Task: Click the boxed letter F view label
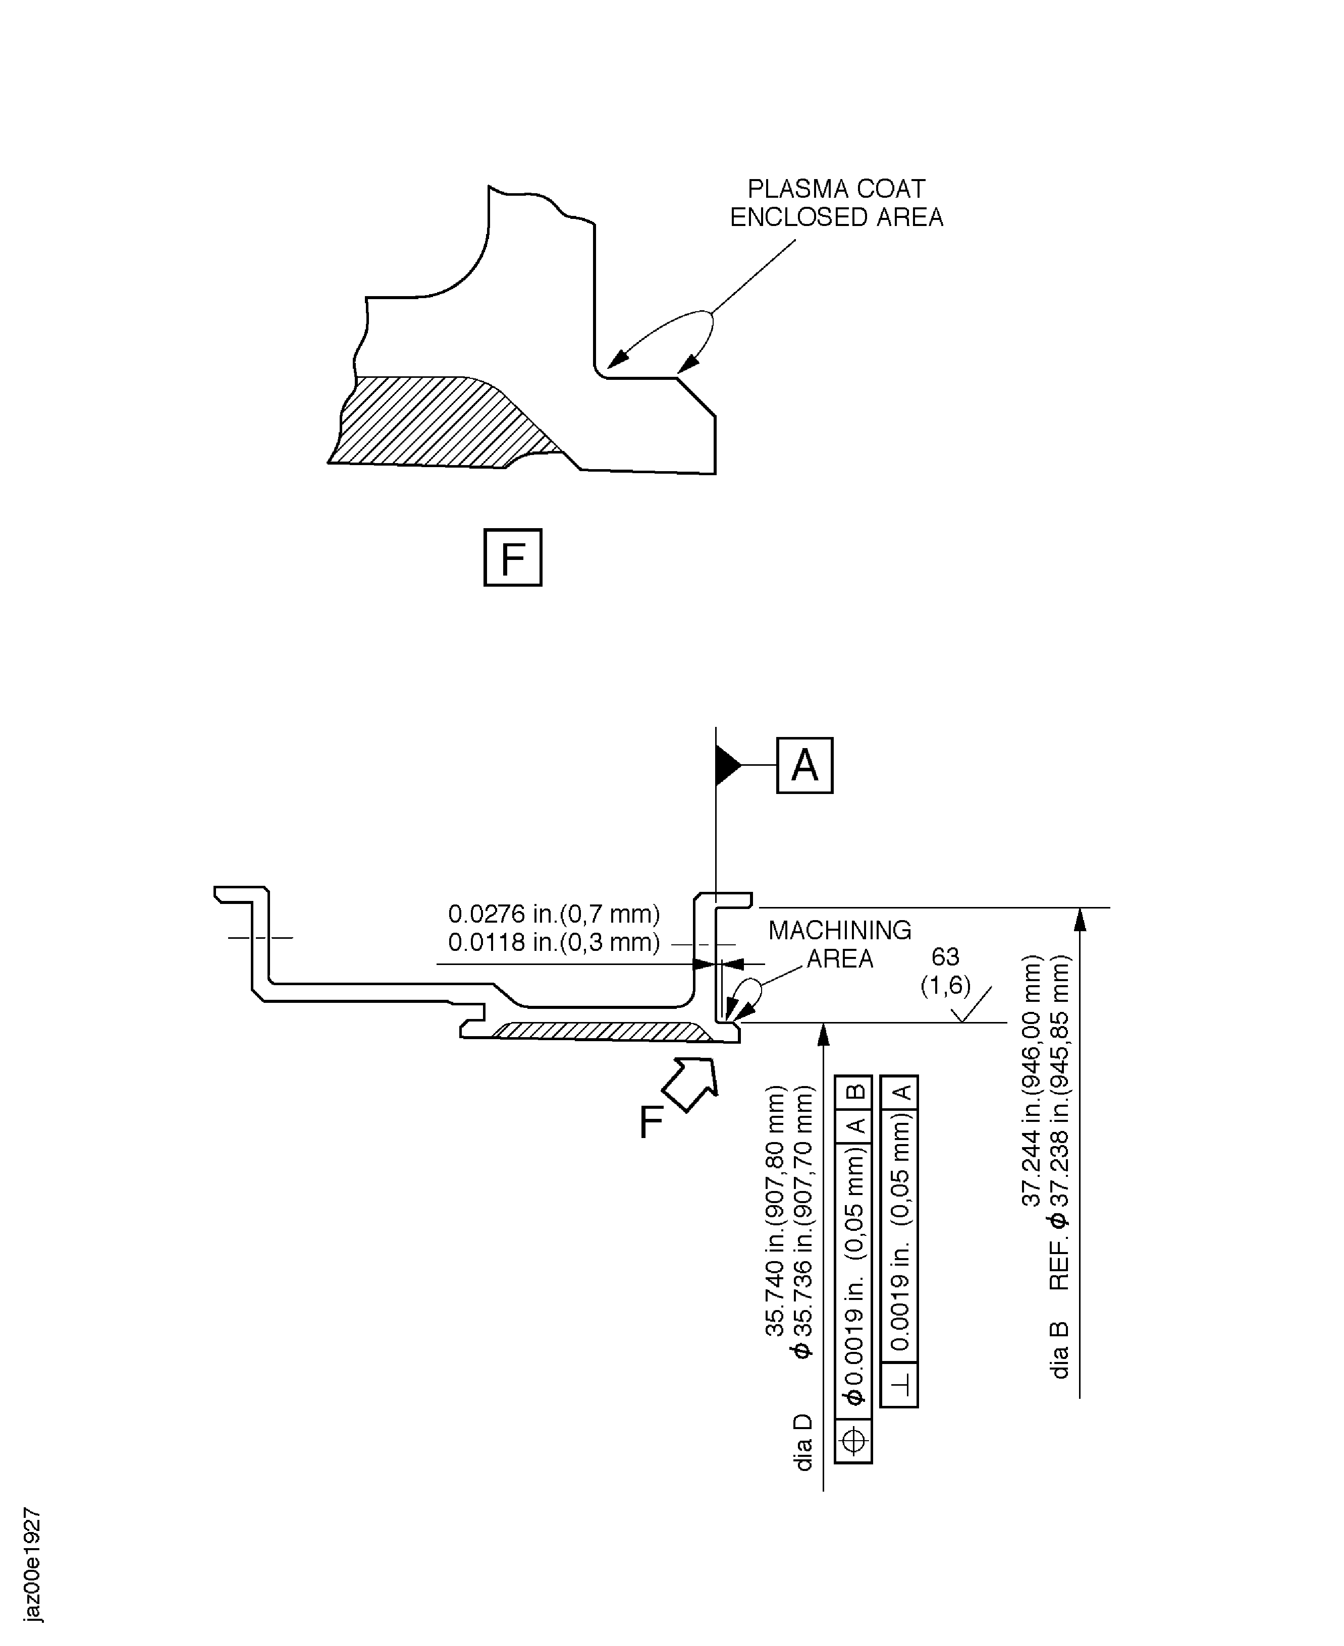(x=512, y=557)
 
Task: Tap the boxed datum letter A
(x=804, y=765)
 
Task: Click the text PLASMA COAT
(x=836, y=189)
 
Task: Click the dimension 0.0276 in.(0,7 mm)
(x=554, y=914)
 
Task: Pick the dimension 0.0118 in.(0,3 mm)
(x=554, y=943)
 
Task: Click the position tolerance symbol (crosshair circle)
(x=853, y=1441)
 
